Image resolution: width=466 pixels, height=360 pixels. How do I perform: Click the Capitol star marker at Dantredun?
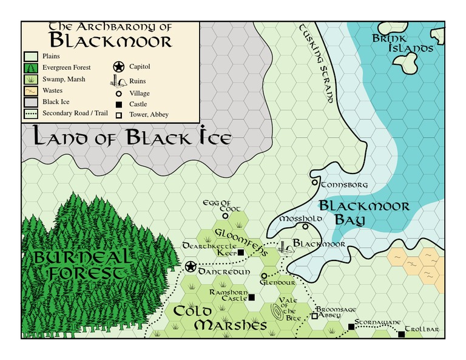coord(191,267)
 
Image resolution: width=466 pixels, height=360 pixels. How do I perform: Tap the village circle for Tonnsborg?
coord(314,182)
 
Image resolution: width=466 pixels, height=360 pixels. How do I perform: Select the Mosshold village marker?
coord(305,226)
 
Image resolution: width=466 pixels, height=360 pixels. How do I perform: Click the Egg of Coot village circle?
coord(225,215)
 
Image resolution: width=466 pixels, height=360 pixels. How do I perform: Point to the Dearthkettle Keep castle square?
coord(240,252)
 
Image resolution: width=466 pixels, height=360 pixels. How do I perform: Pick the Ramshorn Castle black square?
coord(251,297)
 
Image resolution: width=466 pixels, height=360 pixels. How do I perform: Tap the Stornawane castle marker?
coord(351,327)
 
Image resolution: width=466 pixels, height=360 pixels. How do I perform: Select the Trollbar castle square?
coord(400,333)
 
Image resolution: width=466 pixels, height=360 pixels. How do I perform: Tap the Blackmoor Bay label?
coord(363,212)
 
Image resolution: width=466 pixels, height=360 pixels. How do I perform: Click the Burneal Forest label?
coord(83,265)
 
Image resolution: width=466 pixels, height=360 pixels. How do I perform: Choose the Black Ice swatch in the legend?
coord(31,102)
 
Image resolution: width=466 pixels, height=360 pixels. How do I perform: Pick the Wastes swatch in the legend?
coord(31,90)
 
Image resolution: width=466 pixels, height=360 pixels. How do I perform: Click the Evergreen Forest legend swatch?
coord(31,67)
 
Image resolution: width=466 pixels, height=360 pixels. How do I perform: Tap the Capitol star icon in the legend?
coord(119,67)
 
